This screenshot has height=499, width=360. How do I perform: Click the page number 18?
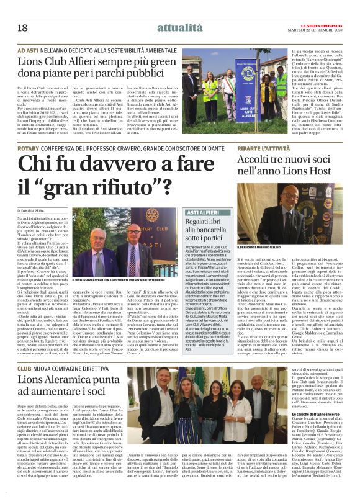click(x=23, y=28)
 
